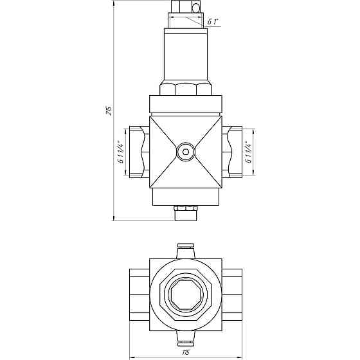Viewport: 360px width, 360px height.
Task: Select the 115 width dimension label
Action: pos(186,352)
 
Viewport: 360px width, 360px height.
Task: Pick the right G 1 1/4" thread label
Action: pos(248,152)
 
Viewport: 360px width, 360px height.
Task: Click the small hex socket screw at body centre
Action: pos(186,152)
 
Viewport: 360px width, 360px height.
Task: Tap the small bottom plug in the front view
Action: pos(186,212)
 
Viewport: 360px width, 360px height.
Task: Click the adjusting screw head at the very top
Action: pos(186,7)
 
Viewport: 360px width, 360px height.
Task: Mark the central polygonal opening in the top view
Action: pos(186,295)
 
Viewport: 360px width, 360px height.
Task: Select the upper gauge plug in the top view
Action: pos(186,249)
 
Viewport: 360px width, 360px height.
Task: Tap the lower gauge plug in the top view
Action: pos(186,339)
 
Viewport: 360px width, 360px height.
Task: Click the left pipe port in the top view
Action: pos(138,294)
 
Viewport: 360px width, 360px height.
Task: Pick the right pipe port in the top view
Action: pos(233,294)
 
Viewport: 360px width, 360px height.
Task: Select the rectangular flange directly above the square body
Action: pos(186,105)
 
